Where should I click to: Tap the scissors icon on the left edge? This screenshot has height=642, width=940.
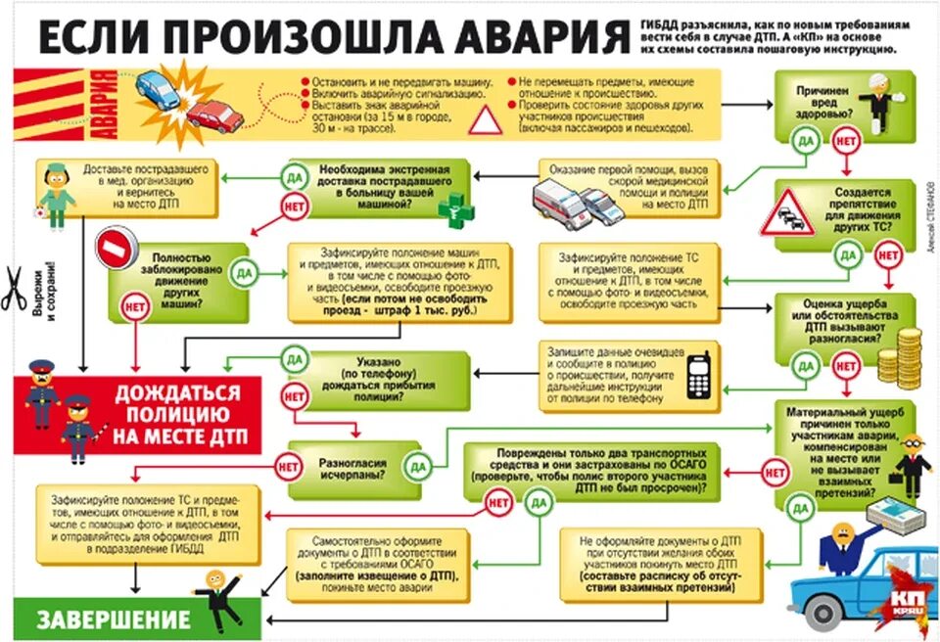pyautogui.click(x=14, y=290)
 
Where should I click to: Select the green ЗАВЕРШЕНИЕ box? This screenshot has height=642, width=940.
pyautogui.click(x=116, y=619)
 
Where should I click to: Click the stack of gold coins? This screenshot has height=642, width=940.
pyautogui.click(x=898, y=356)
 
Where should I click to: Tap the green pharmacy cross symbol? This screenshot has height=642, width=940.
pyautogui.click(x=453, y=208)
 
